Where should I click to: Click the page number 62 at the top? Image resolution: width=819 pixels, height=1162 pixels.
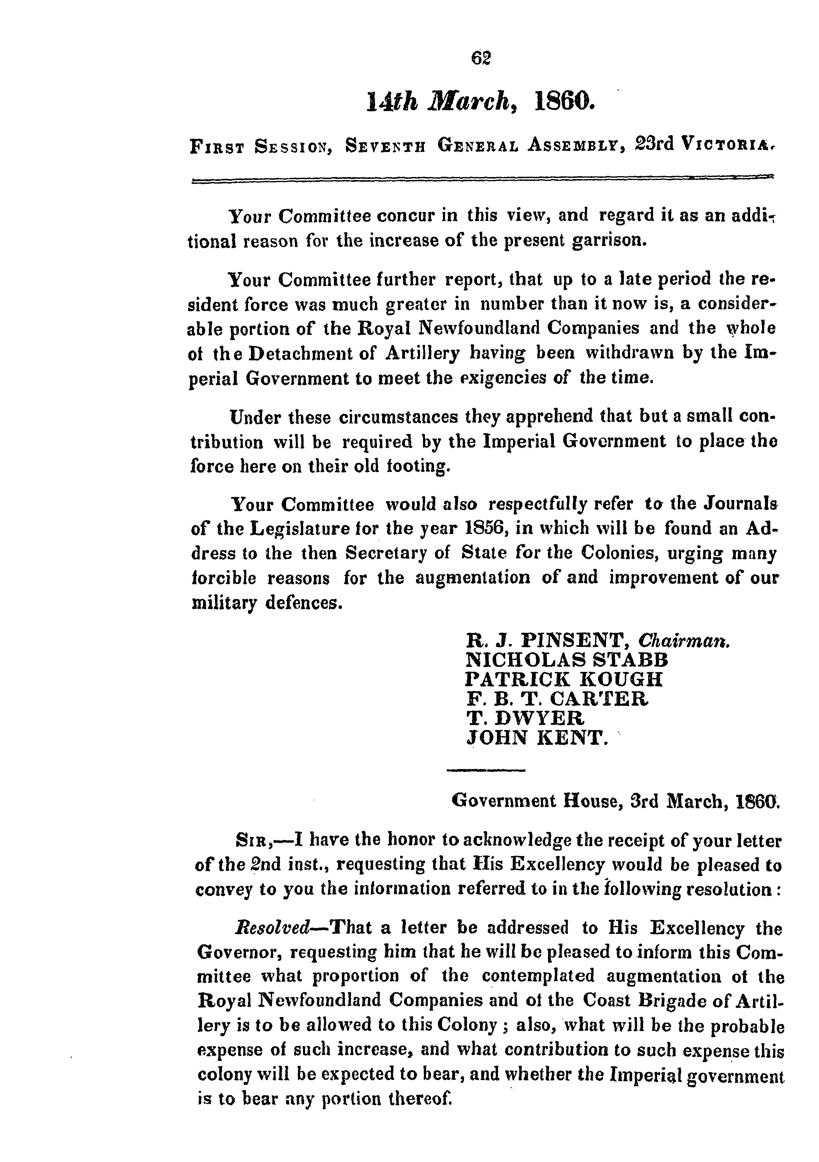click(481, 59)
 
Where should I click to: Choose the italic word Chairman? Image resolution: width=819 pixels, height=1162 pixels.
click(683, 641)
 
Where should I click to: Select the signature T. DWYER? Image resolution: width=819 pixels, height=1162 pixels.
click(525, 718)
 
